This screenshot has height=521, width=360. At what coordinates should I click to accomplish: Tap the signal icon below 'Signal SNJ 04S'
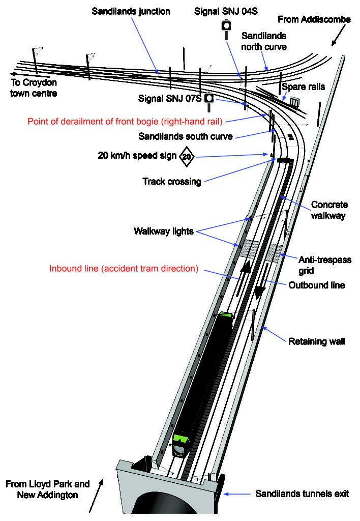coord(226,28)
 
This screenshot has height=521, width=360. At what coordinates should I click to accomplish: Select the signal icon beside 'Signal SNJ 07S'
coord(208,101)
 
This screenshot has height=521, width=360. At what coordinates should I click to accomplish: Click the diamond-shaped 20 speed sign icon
coord(187,156)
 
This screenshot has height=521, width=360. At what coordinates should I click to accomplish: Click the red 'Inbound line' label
coord(124,268)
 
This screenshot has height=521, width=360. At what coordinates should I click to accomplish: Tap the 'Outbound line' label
coord(317,285)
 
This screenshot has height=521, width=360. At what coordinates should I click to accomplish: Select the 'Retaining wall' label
coord(317,341)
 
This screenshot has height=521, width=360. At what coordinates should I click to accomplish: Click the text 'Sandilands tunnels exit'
coord(302,494)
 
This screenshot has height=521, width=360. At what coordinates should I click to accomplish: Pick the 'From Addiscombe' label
coord(314,19)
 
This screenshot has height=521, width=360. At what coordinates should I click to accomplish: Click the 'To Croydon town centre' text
coord(34,88)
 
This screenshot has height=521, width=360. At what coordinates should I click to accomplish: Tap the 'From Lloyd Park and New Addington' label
coord(48,489)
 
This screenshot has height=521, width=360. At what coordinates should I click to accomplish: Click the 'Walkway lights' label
coord(163,231)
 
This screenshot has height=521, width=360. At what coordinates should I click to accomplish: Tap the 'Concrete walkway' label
coord(329,210)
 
